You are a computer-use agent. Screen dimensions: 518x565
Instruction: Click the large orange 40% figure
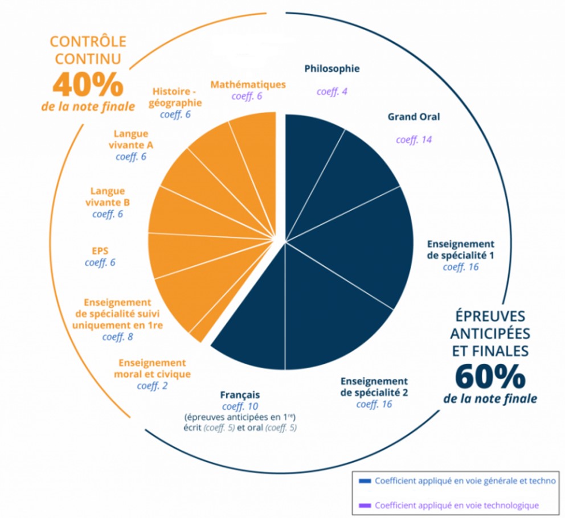pos(88,84)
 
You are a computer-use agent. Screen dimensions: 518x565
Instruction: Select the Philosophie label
pos(332,69)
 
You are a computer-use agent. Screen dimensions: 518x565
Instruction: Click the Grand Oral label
pos(414,117)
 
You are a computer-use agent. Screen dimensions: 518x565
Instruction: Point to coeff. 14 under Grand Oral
pos(414,139)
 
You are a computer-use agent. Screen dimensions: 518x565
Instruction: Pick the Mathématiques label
pos(248,84)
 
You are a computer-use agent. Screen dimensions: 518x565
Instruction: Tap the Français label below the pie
pos(240,394)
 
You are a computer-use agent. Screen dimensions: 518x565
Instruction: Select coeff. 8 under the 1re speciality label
pos(117,336)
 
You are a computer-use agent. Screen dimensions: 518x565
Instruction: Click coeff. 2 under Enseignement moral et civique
pos(152,386)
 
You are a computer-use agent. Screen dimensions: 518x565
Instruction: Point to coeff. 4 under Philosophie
pos(332,92)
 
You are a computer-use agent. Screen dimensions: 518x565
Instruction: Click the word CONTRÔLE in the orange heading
pos(88,42)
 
